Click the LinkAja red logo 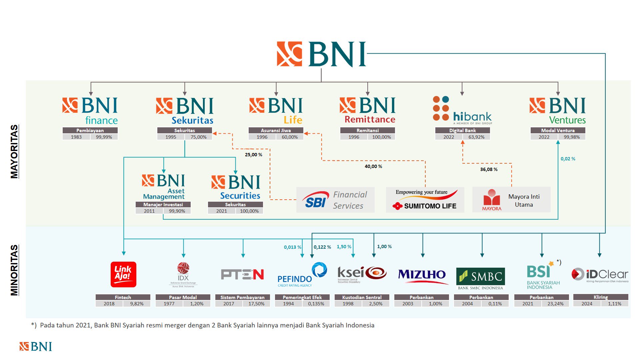[x=123, y=274]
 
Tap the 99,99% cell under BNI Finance [x=104, y=137]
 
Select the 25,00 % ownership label [x=253, y=155]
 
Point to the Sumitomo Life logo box [x=425, y=200]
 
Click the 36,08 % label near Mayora [x=489, y=169]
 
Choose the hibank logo [x=462, y=110]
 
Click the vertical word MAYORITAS [x=14, y=152]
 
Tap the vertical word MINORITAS [x=14, y=270]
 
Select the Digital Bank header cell [x=462, y=130]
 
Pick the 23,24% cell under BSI [x=555, y=304]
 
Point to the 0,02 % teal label [x=568, y=159]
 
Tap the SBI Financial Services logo [x=335, y=200]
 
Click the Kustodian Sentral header [x=362, y=297]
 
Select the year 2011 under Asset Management [x=149, y=211]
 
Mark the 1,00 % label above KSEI [x=384, y=247]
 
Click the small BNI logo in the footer [x=36, y=347]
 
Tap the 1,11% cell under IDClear [x=614, y=304]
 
